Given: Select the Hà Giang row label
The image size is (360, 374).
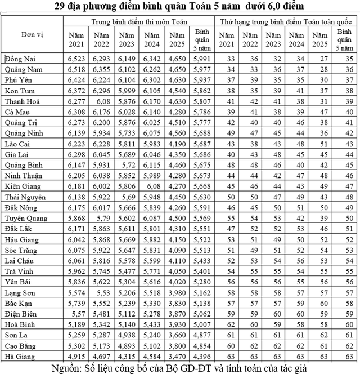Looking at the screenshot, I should (x=19, y=357).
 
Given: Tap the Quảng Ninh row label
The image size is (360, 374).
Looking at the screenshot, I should (x=24, y=133).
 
